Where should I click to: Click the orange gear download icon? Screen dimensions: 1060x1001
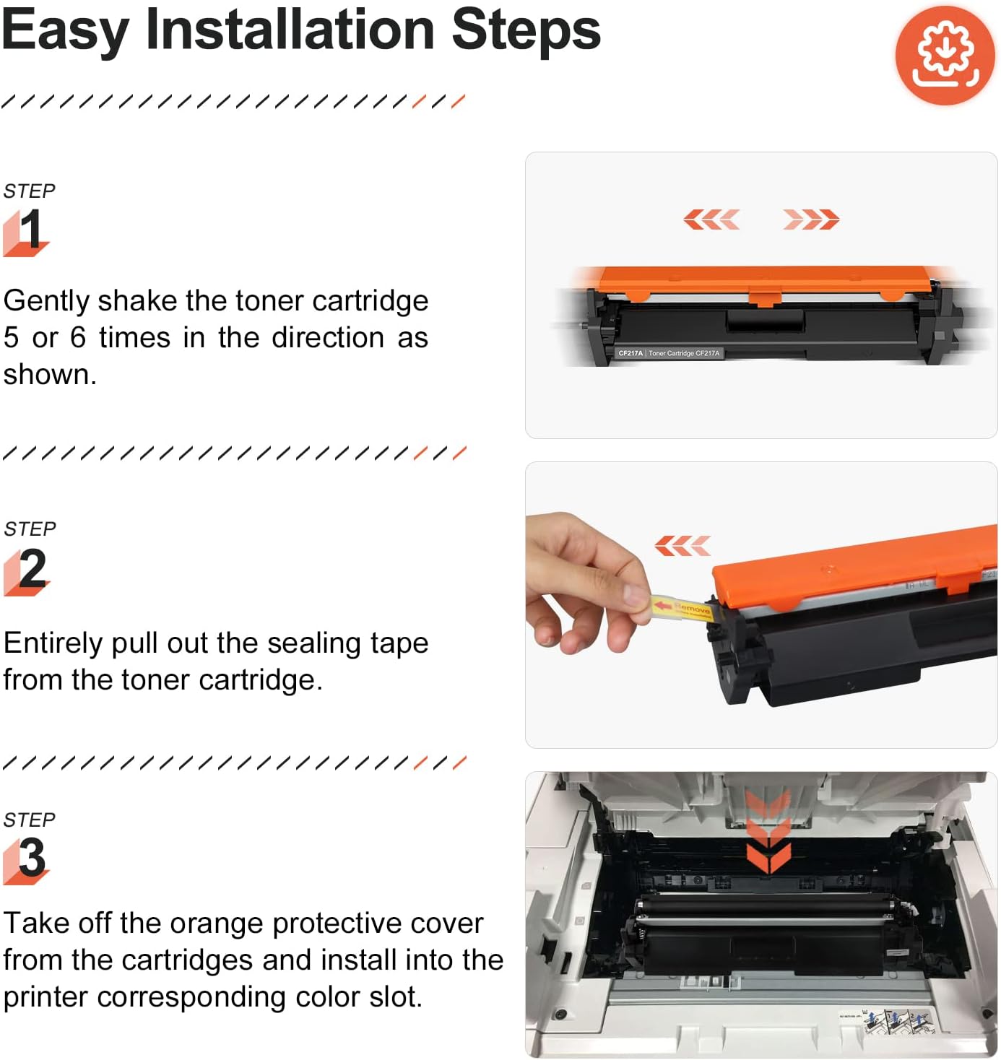[x=945, y=56]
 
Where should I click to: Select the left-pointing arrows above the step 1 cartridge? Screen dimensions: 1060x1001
[x=711, y=219]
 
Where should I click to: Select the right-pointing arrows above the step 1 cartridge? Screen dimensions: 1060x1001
[x=811, y=219]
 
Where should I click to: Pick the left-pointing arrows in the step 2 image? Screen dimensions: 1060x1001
[x=682, y=546]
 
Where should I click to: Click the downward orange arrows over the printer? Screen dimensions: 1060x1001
[x=768, y=830]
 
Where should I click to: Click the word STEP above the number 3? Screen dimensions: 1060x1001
[x=30, y=820]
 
